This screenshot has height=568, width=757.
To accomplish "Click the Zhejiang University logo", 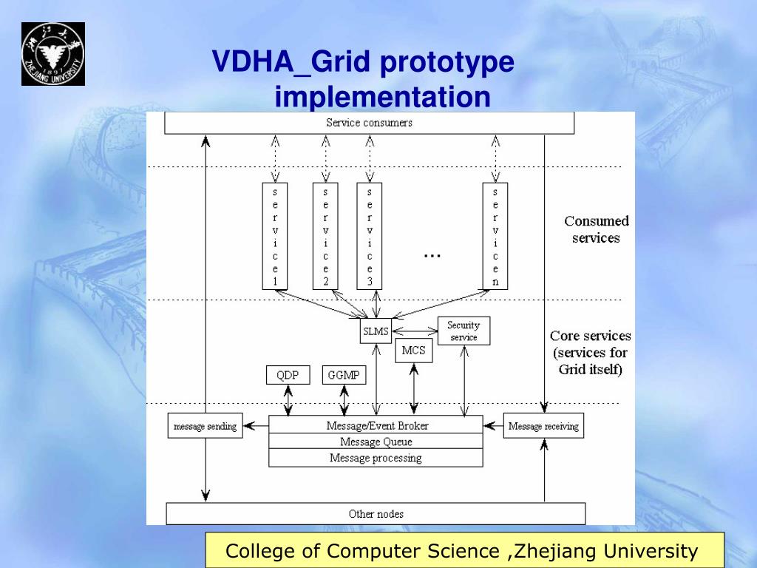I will [52, 53].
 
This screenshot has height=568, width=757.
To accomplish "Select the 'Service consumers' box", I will [369, 123].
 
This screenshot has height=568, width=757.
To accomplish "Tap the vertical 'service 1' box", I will [275, 235].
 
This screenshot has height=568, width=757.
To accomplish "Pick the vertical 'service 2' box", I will [325, 235].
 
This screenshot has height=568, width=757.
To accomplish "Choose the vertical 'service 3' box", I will [370, 235].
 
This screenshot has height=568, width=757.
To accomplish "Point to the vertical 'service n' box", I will [495, 235].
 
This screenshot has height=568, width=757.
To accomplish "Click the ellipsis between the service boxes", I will [432, 255].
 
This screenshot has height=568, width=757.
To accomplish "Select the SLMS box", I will [376, 331].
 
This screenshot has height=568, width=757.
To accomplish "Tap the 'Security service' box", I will [464, 331].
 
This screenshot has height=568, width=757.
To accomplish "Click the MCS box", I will [414, 351].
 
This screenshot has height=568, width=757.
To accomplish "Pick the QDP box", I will [288, 375].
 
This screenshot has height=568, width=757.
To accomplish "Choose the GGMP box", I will [344, 375].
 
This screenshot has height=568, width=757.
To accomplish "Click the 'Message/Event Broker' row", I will [376, 425].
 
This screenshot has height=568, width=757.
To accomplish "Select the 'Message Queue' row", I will [376, 442].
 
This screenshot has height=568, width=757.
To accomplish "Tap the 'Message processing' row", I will [376, 458].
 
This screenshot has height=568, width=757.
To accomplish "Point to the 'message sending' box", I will [205, 426].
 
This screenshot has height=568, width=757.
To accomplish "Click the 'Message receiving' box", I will [543, 426].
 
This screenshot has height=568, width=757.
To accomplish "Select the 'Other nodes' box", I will [376, 513].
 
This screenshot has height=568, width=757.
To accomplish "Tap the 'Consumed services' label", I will [596, 229].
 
